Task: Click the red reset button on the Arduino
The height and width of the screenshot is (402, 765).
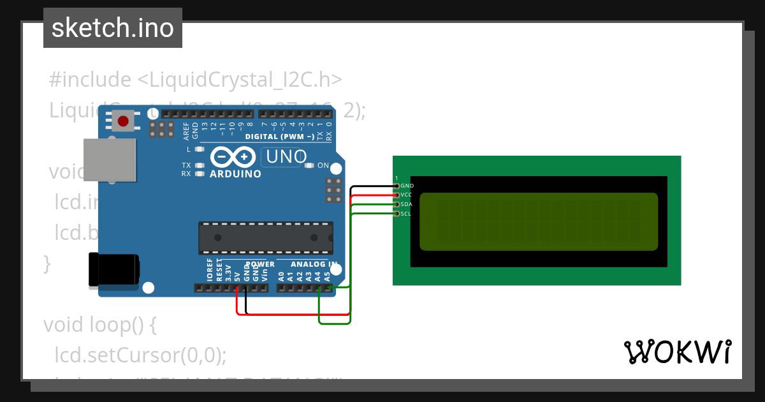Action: click(123, 120)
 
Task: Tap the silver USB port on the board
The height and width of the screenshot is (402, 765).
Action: click(110, 159)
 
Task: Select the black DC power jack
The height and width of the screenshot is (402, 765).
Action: click(113, 269)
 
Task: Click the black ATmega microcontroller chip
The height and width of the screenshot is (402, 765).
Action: click(265, 237)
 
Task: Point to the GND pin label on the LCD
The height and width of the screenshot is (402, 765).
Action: click(407, 186)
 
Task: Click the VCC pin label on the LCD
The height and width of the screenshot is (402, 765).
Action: click(407, 195)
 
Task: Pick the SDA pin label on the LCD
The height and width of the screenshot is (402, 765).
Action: click(406, 204)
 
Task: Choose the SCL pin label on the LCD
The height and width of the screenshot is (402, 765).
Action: click(406, 214)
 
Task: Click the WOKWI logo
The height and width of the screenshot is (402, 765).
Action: click(677, 351)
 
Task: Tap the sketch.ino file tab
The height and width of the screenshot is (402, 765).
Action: click(113, 28)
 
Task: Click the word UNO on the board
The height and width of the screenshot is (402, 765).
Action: click(286, 156)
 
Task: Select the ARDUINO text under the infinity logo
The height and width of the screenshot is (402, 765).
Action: click(235, 174)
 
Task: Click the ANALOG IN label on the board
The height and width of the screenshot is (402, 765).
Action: click(314, 264)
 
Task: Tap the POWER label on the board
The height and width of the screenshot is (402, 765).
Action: click(260, 264)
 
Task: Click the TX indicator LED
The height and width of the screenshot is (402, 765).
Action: click(200, 165)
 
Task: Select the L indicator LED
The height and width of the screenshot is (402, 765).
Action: click(200, 149)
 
